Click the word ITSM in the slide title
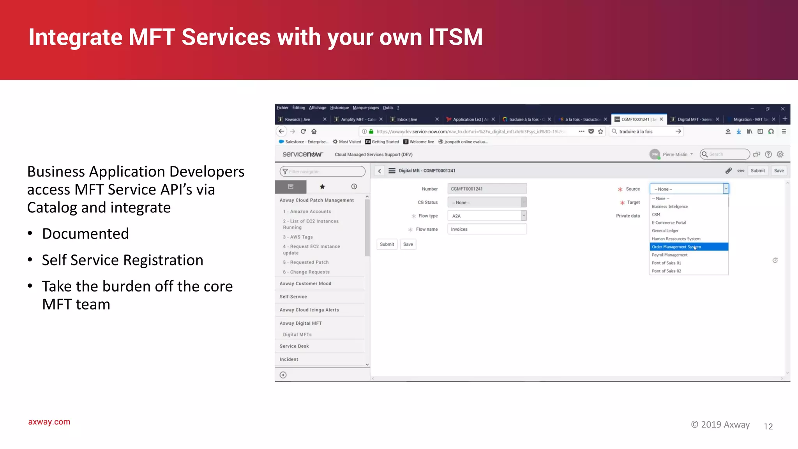click(x=455, y=37)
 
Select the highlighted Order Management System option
click(x=676, y=247)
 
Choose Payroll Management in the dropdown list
click(x=669, y=255)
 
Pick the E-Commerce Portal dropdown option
click(x=669, y=223)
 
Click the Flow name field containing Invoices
click(x=487, y=229)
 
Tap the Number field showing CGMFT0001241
click(x=487, y=189)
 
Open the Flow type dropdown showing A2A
click(x=487, y=216)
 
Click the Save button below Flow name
click(x=408, y=244)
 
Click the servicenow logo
click(x=303, y=154)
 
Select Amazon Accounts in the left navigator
click(x=310, y=212)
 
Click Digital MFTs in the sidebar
click(x=297, y=335)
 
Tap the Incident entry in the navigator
click(x=289, y=359)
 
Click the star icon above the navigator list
click(x=322, y=187)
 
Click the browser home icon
click(x=314, y=131)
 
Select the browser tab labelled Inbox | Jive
click(x=407, y=120)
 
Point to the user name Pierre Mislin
click(x=675, y=155)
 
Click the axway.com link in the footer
click(x=49, y=422)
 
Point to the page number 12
click(x=768, y=426)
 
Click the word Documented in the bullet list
click(x=85, y=234)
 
